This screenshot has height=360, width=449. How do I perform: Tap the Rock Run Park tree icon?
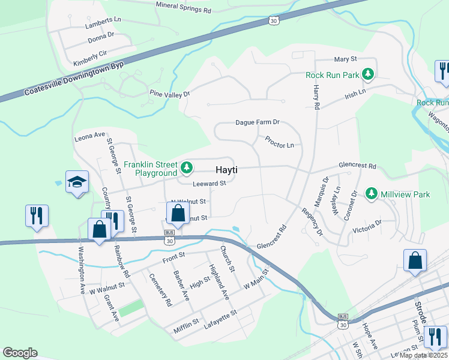[x=367, y=75]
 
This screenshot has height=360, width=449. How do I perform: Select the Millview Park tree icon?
[x=372, y=194]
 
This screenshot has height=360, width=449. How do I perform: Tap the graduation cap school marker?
[x=77, y=182]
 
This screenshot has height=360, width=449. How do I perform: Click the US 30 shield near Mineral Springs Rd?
[x=273, y=21]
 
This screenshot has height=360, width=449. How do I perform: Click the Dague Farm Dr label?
[x=258, y=122]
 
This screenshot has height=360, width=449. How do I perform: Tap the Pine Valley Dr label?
[x=169, y=94]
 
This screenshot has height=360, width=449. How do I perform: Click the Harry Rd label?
[x=316, y=96]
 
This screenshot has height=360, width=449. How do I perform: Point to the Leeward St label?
[x=209, y=184]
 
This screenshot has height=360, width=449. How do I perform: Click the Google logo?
[x=20, y=352]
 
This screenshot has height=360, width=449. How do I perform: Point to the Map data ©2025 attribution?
[x=423, y=355]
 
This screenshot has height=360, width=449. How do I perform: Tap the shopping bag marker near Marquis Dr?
[x=415, y=260]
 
